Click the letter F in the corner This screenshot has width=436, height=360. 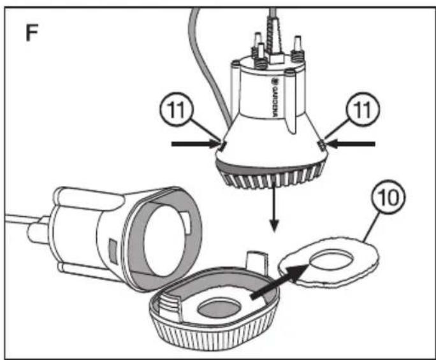click(x=32, y=32)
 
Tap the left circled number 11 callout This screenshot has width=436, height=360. click(x=177, y=109)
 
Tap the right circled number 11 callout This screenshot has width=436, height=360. click(x=363, y=109)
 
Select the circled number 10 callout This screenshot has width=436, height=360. click(x=388, y=197)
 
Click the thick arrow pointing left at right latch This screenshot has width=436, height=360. click(x=351, y=144)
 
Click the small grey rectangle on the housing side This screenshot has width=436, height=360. click(x=113, y=252)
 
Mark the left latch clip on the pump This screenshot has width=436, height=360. click(x=222, y=146)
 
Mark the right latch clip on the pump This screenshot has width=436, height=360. click(x=322, y=145)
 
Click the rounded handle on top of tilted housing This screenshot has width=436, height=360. click(x=89, y=198)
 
